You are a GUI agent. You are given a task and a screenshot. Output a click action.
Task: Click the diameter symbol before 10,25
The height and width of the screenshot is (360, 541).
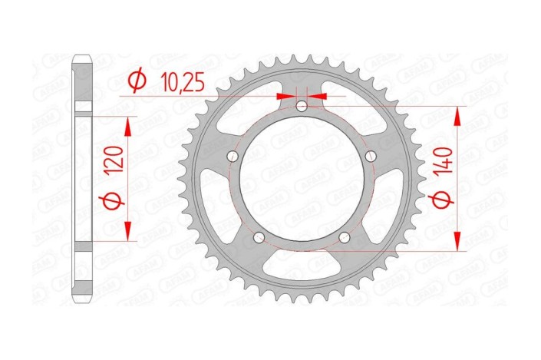pos(137,80)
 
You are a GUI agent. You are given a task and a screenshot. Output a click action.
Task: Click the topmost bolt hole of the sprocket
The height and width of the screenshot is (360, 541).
pos(302,105)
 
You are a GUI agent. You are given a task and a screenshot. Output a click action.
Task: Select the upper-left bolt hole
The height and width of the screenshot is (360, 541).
pos(232,157)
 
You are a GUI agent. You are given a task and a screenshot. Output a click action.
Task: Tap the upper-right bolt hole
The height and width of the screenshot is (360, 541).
pos(371,157)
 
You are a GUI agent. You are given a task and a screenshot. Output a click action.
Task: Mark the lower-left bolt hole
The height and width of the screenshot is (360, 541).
pos(259,238)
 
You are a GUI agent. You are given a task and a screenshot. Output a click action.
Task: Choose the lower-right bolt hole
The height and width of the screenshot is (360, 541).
pos(345,238)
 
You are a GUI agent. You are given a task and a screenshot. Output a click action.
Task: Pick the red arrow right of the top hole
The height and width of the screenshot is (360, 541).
pos(318,96)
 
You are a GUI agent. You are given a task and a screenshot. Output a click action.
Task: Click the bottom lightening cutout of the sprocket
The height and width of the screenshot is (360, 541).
pos(302,269)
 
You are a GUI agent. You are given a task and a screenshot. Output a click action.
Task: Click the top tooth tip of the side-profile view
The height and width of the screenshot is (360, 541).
pos(82,58)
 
